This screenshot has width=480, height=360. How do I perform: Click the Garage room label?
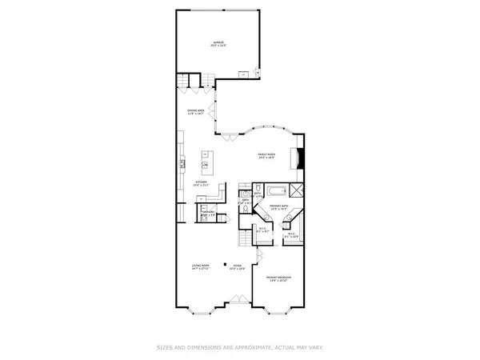coord(218,44)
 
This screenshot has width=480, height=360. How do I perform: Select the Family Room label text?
coord(266,156)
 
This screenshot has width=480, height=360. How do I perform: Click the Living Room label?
coord(200,266)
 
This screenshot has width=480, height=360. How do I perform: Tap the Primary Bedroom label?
coord(278,279)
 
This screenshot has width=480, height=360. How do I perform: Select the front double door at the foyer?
coord(238,302)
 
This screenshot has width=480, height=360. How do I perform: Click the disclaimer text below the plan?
coord(240,347)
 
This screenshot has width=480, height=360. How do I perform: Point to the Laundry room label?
coord(206,214)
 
